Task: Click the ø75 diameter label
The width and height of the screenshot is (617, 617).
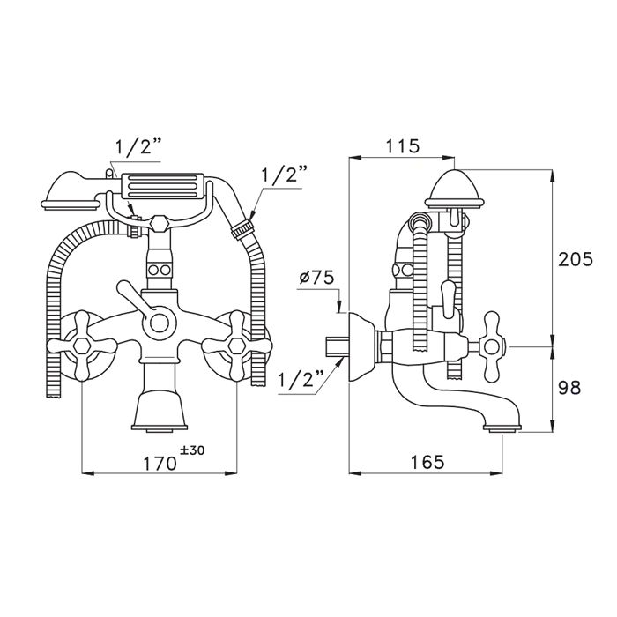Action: click(316, 277)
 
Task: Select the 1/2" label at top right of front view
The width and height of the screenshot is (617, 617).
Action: click(281, 174)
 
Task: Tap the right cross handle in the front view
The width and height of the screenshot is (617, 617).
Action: click(237, 339)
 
